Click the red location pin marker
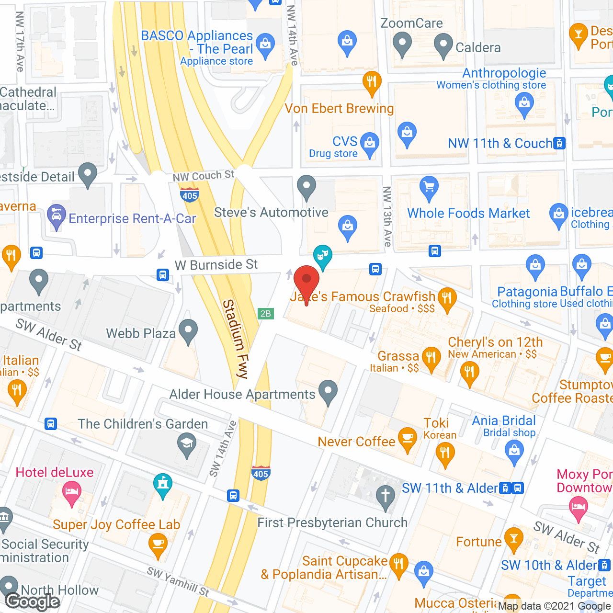tap(306, 281)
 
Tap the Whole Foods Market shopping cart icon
tap(429, 188)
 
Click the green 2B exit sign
tap(265, 314)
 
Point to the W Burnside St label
tap(216, 265)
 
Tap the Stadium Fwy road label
tap(236, 339)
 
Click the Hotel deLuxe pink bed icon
tap(72, 492)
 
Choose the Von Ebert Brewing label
tap(339, 109)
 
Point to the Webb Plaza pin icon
tap(188, 330)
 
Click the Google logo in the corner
tap(33, 601)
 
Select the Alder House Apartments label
tap(242, 394)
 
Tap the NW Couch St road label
tap(204, 176)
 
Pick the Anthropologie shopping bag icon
tap(524, 103)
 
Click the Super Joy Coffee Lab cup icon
tap(158, 544)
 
